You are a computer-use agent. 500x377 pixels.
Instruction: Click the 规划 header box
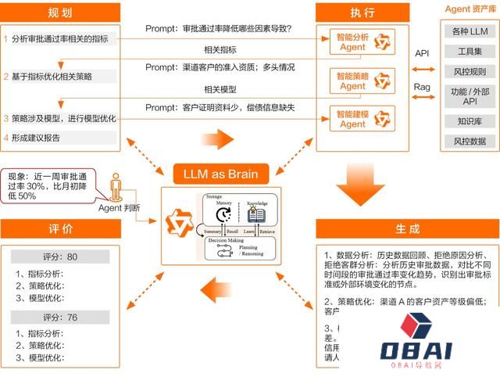click(60, 12)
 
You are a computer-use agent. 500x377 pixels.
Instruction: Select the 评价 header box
click(60, 229)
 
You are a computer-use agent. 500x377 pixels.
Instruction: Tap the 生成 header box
click(407, 229)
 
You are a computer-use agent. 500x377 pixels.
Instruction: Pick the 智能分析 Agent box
click(360, 41)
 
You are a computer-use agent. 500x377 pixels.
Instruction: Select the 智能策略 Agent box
click(360, 80)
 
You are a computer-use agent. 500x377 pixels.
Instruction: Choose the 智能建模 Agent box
click(360, 118)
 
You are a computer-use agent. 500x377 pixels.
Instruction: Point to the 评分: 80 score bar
click(60, 257)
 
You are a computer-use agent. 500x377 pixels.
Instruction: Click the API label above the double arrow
click(423, 53)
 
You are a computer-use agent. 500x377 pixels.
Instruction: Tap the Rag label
click(423, 87)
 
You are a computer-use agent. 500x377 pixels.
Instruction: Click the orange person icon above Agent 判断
click(116, 187)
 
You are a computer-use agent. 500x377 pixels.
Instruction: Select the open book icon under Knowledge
click(257, 215)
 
